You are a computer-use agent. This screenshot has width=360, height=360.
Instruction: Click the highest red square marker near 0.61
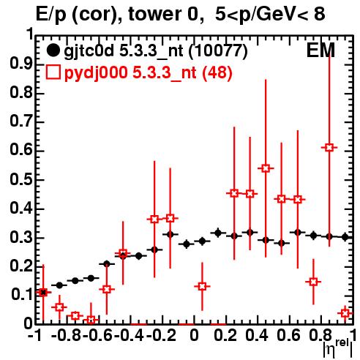point(329,148)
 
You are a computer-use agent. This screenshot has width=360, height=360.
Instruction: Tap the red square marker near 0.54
point(266,168)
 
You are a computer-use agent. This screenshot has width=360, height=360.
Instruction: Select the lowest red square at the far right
point(345,313)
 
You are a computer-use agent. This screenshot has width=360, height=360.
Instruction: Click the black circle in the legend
point(53,50)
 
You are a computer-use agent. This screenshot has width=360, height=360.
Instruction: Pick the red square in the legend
point(53,72)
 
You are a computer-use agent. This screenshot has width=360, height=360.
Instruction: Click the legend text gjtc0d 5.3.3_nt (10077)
point(156,51)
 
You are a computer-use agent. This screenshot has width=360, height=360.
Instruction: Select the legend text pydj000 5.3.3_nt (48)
point(149,73)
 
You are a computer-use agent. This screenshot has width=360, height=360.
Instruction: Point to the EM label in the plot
point(320,50)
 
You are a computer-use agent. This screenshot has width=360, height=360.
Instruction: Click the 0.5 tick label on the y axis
point(21,180)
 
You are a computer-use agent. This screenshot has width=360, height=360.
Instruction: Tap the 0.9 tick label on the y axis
point(21,64)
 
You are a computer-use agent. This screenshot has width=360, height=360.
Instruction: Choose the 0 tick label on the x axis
point(194,335)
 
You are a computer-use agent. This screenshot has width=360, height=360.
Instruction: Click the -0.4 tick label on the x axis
point(130,335)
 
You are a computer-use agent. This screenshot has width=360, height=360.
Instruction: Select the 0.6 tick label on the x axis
point(288,335)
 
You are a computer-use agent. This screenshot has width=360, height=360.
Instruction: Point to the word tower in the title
point(154,14)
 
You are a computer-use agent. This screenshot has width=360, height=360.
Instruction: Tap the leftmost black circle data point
point(43,292)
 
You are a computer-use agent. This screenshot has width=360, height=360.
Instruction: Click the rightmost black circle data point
point(345,237)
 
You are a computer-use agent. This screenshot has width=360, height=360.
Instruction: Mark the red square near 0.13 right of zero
point(202,286)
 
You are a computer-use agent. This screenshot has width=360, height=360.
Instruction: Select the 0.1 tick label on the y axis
point(21,295)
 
